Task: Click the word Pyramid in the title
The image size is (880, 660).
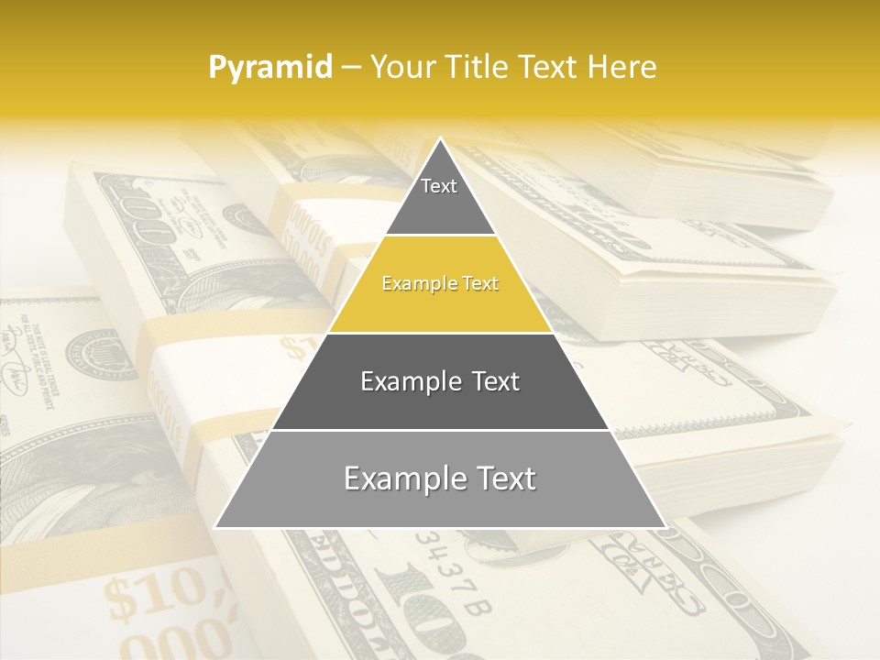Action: coord(270,68)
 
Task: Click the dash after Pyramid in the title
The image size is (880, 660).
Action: coord(350,69)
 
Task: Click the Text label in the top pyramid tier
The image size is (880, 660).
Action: coord(439,186)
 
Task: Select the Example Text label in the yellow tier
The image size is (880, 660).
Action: coord(440,283)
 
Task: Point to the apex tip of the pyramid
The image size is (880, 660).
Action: coord(440,138)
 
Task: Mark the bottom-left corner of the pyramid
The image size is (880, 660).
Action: coord(215,527)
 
